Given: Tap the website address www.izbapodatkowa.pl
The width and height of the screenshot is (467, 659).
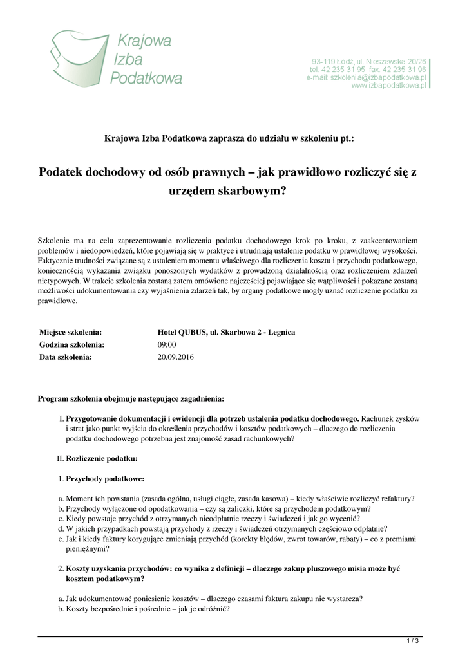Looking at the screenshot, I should (x=389, y=85).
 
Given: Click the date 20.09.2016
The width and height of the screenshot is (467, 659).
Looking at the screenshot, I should (x=176, y=357).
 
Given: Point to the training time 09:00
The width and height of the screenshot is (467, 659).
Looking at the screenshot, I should (x=167, y=344).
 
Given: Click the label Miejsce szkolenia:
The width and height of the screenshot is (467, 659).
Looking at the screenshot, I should (x=71, y=332).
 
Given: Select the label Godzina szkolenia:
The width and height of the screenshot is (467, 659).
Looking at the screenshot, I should (x=72, y=344).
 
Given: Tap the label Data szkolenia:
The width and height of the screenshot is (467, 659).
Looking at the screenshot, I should (x=66, y=357).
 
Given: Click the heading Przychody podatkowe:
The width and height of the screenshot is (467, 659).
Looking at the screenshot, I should (x=106, y=479).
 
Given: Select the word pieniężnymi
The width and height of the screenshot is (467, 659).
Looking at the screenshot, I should (x=86, y=549).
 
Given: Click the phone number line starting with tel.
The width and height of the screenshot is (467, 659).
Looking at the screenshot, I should (x=368, y=69).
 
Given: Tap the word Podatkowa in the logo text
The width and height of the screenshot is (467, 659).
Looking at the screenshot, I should (x=146, y=78).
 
